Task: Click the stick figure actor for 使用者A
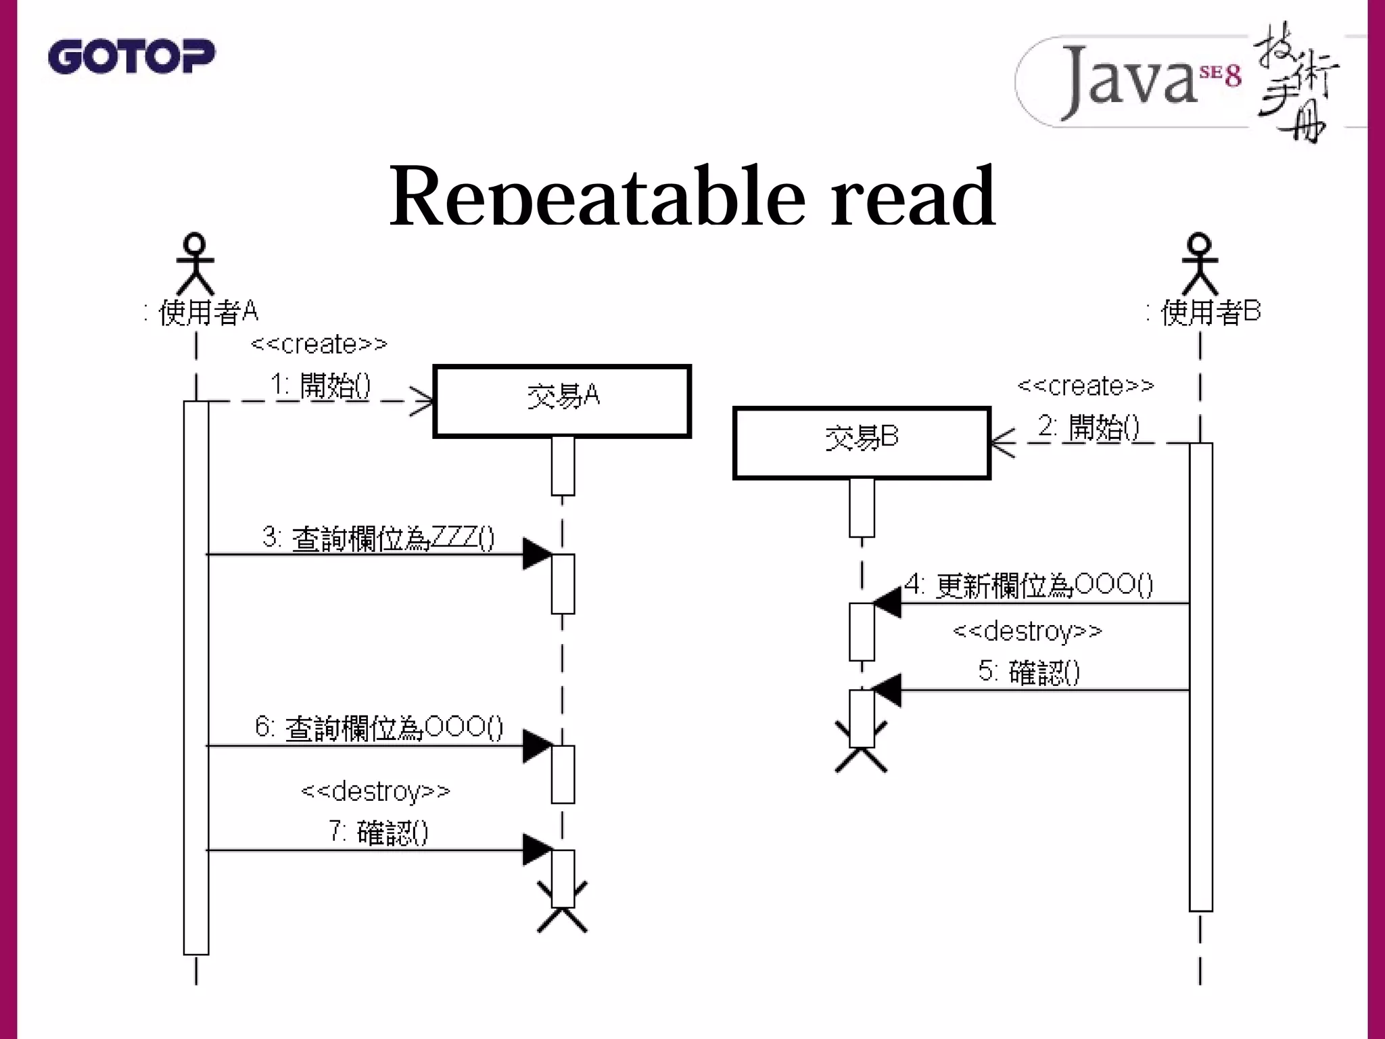(195, 264)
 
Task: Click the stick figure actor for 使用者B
(1200, 264)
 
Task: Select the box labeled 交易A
(562, 401)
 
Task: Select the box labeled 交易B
(862, 443)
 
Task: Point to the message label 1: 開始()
(321, 386)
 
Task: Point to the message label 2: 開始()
(1088, 428)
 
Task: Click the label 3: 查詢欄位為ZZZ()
(378, 538)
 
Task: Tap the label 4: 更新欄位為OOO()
(1028, 584)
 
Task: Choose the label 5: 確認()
(1029, 672)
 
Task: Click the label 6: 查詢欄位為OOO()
(379, 728)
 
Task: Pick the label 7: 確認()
(379, 832)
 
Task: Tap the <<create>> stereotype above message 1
(319, 344)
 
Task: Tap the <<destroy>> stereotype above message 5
(1027, 631)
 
